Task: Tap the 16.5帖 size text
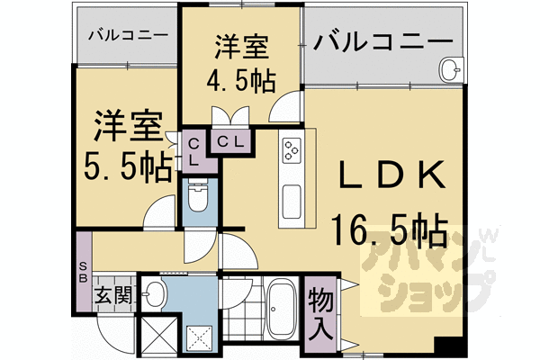[x=389, y=231]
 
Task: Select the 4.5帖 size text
[x=244, y=80]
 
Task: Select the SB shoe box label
[x=83, y=271]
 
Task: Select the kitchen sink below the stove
[x=292, y=202]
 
